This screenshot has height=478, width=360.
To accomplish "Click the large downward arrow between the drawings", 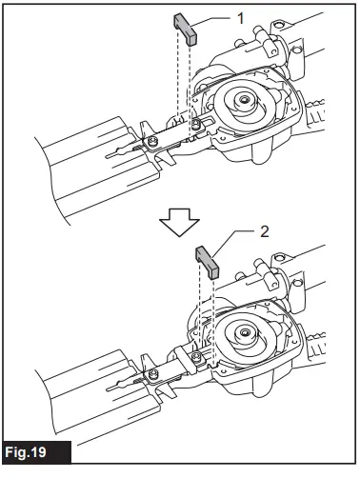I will (x=177, y=220).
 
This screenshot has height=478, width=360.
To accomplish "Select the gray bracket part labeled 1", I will (x=185, y=29).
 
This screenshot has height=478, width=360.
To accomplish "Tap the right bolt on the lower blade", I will (x=194, y=356).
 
